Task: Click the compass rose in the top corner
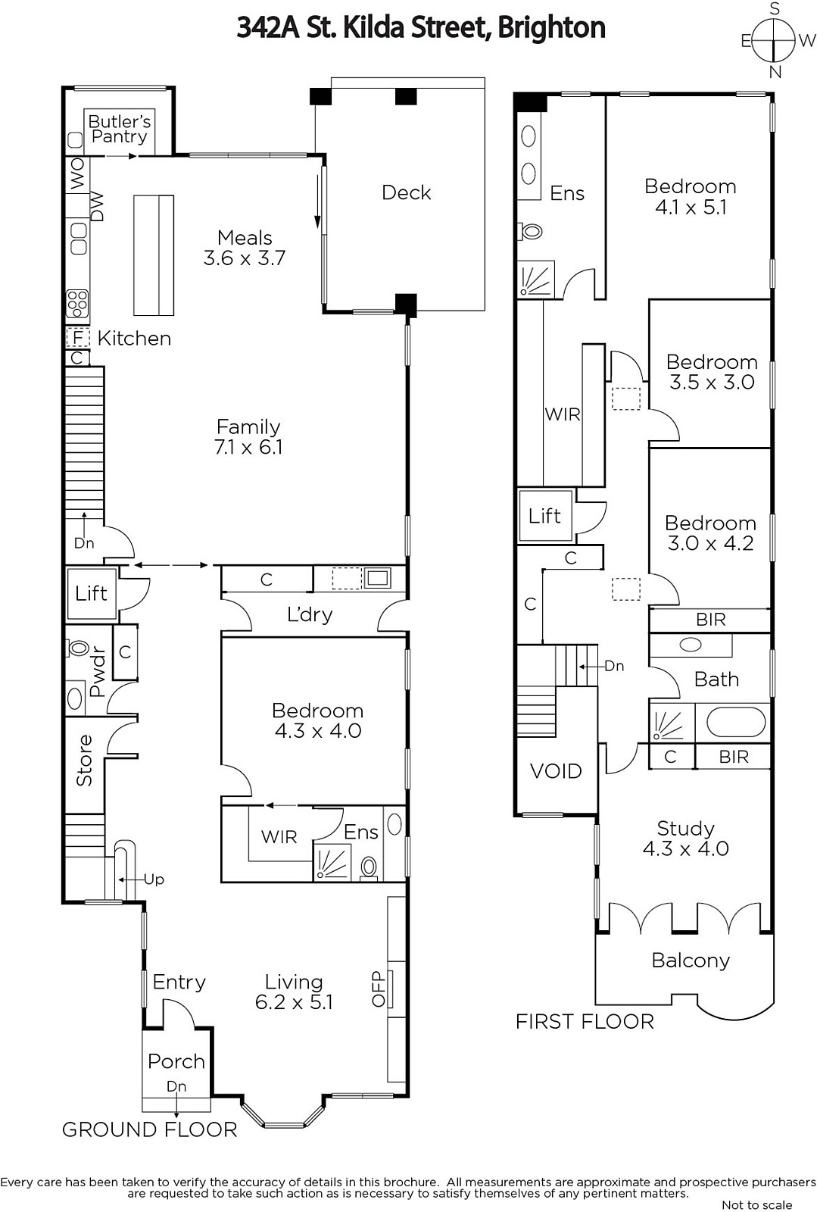click(x=775, y=40)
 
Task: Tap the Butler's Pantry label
click(x=120, y=129)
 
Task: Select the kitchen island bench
click(x=154, y=255)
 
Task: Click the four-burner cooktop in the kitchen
click(x=77, y=303)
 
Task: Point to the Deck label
click(x=406, y=192)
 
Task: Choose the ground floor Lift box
click(x=92, y=594)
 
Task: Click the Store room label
click(x=84, y=760)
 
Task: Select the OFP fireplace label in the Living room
click(x=378, y=989)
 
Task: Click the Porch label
click(x=176, y=1061)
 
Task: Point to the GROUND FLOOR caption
click(x=150, y=1129)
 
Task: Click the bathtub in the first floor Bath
click(x=736, y=723)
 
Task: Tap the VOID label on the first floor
click(x=556, y=771)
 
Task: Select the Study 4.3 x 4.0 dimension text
click(x=685, y=848)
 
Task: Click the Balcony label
click(x=691, y=961)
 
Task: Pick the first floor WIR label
click(x=563, y=414)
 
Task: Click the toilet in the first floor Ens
click(x=531, y=232)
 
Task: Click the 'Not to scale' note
click(x=757, y=1204)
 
